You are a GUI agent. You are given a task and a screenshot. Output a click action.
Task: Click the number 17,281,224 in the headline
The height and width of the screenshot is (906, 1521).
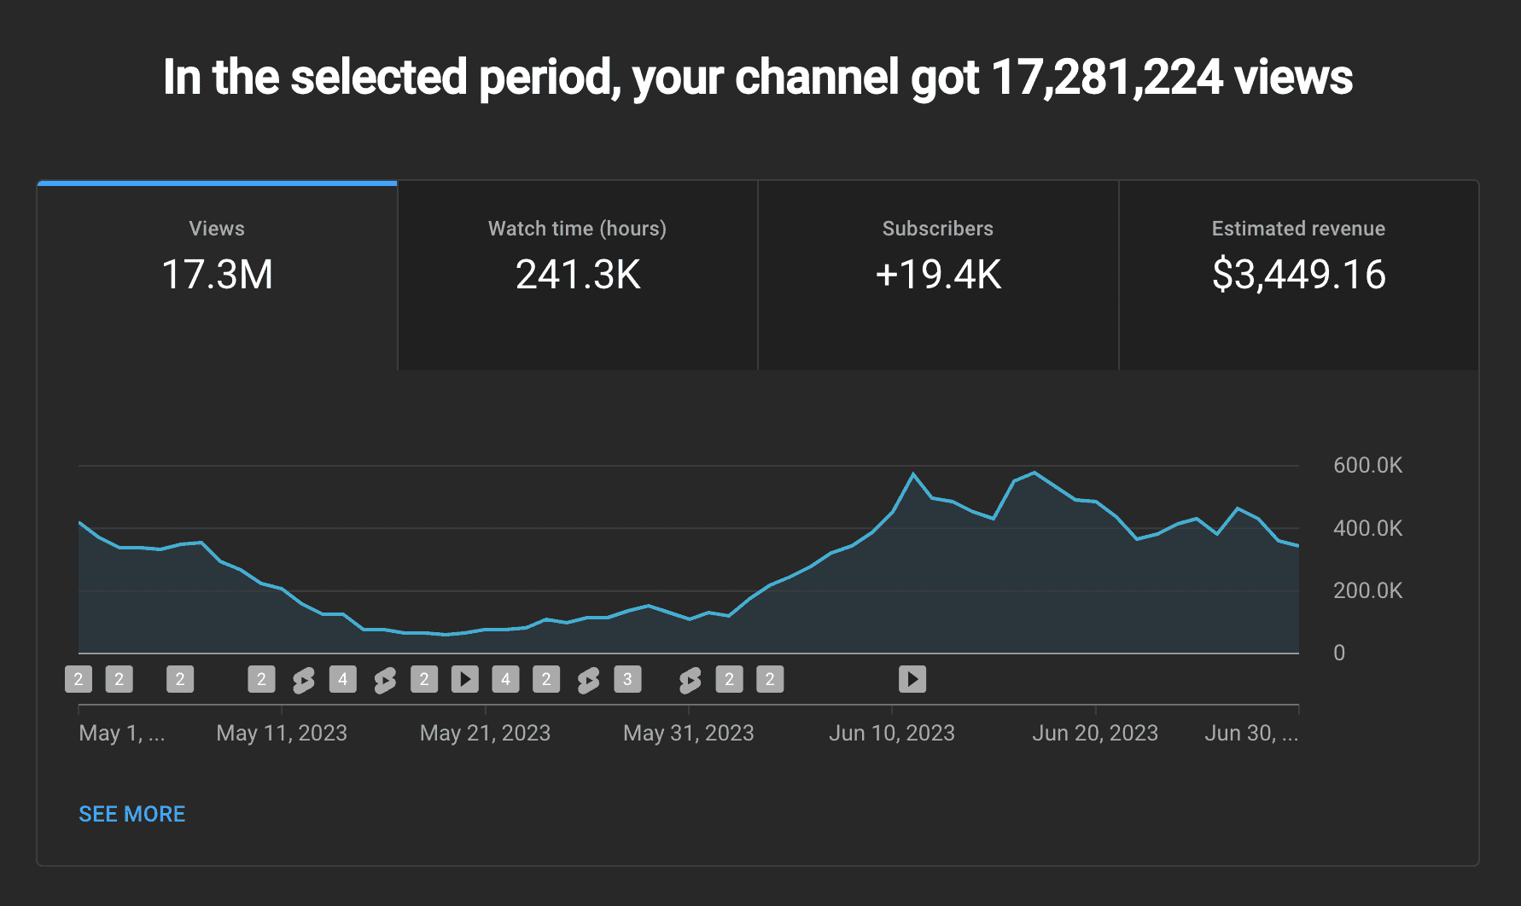[x=1107, y=78]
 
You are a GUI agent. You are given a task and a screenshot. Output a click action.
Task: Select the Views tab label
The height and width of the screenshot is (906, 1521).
[x=217, y=229]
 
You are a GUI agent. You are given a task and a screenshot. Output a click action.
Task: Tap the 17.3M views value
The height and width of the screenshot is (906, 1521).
[x=217, y=275]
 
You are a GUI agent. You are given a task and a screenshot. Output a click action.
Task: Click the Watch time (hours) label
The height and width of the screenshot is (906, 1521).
[x=577, y=229]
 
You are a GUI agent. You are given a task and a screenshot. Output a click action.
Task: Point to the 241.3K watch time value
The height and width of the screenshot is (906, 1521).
[x=578, y=275]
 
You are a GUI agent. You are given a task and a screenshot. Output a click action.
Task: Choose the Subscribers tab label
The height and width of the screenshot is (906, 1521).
[x=938, y=229]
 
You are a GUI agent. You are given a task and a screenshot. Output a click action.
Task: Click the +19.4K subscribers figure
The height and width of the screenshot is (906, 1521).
[x=938, y=275]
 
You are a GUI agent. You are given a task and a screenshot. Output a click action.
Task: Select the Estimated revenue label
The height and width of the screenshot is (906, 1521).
[x=1298, y=229]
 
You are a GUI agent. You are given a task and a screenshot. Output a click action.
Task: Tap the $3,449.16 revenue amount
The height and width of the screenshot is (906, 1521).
[x=1298, y=275]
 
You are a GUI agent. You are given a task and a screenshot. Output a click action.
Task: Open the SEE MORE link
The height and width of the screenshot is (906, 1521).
[x=132, y=814]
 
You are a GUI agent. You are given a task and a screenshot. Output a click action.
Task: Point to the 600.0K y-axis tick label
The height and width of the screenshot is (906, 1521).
[x=1367, y=465]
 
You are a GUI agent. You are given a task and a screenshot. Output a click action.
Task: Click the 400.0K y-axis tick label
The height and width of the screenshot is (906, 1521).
[x=1367, y=528]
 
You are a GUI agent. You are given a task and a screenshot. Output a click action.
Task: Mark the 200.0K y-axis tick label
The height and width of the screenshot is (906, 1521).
[x=1367, y=590]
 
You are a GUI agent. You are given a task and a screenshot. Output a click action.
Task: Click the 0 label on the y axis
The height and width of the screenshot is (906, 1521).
[x=1339, y=653]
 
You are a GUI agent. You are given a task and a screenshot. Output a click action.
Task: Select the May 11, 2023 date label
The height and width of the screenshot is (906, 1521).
[x=282, y=733]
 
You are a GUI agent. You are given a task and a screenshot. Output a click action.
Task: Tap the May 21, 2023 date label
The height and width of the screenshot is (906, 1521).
[x=485, y=733]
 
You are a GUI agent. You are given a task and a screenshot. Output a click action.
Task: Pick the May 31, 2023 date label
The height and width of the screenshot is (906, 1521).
[x=689, y=733]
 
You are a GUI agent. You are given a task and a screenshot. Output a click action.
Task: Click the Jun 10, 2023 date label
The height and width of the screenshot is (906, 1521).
[x=892, y=733]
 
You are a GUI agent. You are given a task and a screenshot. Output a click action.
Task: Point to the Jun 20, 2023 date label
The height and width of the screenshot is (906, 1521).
[x=1095, y=733]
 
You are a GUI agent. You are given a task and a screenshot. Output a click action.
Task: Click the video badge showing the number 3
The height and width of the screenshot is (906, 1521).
[x=627, y=679]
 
